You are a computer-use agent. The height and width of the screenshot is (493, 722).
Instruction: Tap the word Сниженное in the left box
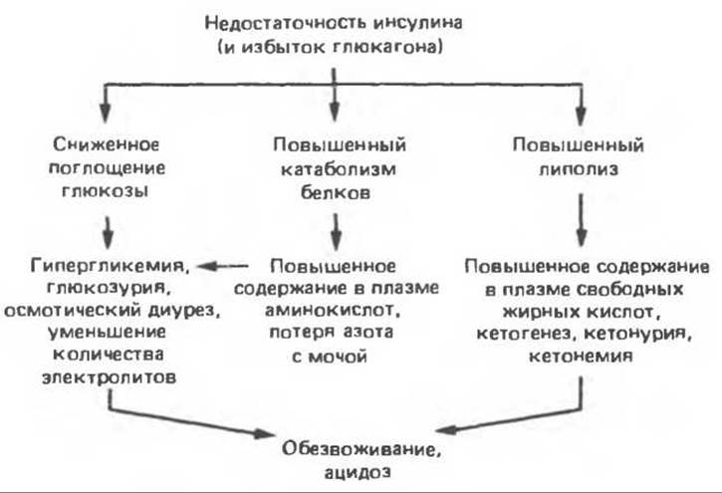(107, 144)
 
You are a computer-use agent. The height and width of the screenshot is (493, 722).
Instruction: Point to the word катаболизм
(338, 169)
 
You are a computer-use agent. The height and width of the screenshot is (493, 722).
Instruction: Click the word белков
(336, 192)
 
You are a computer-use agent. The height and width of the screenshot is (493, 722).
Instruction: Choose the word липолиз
(579, 169)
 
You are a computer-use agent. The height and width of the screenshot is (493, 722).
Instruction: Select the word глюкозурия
(107, 289)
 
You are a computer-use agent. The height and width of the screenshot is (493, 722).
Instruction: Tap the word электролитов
(110, 377)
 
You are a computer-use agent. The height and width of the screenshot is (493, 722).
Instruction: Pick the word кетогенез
(523, 334)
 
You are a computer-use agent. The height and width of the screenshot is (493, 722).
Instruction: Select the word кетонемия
(581, 356)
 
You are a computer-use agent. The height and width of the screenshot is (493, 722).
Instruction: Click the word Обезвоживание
(361, 449)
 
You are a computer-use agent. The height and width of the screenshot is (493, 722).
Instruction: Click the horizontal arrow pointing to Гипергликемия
(223, 266)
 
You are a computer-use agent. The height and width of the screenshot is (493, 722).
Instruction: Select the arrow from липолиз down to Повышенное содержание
(582, 220)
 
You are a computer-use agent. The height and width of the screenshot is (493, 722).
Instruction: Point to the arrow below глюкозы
(108, 233)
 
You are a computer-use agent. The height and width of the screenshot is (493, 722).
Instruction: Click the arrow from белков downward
(337, 232)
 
